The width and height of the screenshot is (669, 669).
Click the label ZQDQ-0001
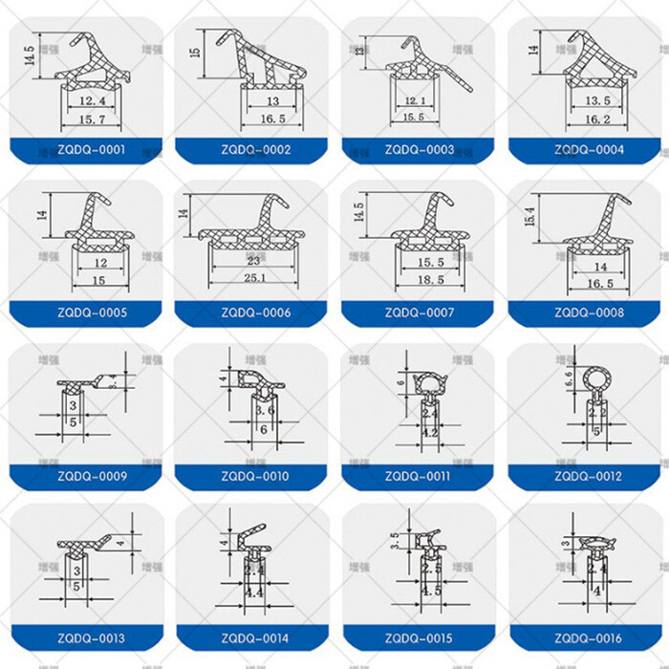(x=92, y=150)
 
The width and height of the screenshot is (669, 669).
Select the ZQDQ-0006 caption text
(x=256, y=313)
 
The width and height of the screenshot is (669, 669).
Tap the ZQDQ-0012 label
(x=587, y=476)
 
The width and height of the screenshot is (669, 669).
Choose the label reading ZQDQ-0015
(x=421, y=638)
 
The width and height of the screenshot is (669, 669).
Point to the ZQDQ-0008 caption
(x=587, y=313)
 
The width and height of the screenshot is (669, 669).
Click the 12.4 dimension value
(x=93, y=100)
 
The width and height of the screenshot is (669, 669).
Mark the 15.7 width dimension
(x=93, y=119)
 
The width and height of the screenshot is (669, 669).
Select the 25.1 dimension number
(x=254, y=279)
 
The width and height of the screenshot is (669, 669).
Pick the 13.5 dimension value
(x=595, y=101)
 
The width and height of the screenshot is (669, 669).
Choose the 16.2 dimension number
(x=595, y=120)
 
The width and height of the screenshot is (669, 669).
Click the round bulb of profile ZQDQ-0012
(x=596, y=382)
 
